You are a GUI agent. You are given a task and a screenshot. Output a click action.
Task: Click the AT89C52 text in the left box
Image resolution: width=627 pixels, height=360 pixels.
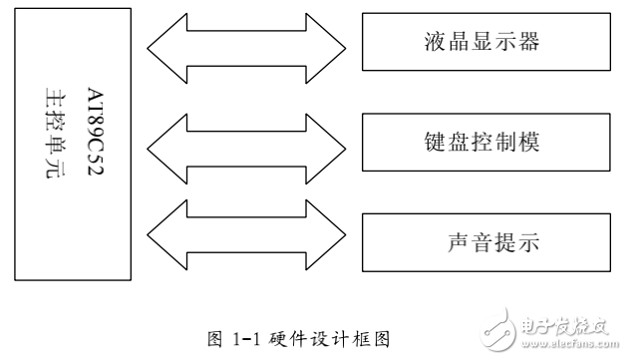(x=98, y=139)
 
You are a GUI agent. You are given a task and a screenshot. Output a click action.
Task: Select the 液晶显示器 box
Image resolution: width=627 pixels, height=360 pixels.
(x=486, y=44)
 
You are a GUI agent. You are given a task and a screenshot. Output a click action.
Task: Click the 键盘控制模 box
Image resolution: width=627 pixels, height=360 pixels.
(x=486, y=142)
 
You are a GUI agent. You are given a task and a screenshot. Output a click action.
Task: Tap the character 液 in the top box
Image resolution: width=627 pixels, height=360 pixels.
(x=432, y=44)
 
